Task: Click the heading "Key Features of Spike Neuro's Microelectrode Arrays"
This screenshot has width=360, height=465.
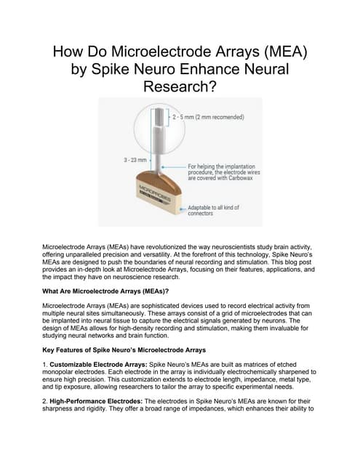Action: pos(124,349)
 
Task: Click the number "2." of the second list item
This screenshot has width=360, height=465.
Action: pos(46,400)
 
